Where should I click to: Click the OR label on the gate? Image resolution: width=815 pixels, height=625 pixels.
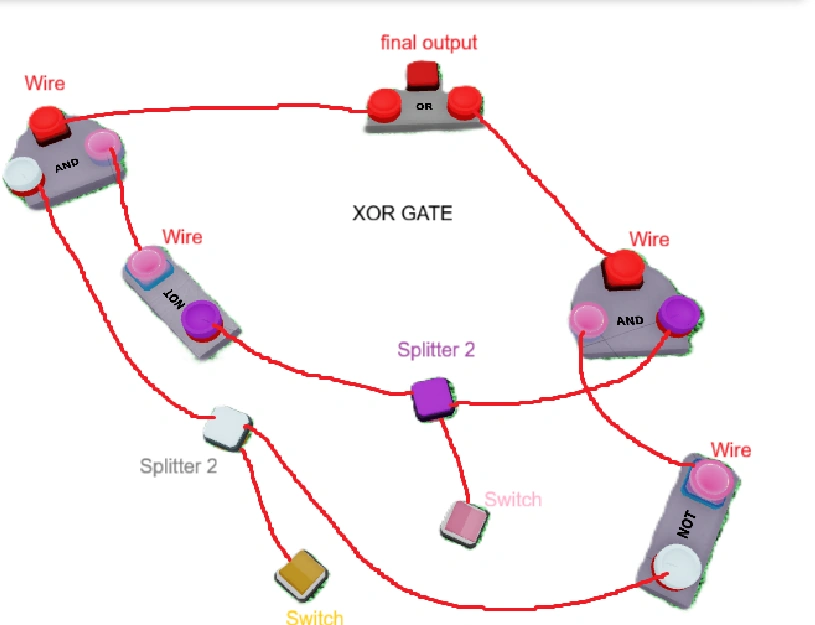tap(424, 107)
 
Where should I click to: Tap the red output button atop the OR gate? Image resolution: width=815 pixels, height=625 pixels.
tap(423, 75)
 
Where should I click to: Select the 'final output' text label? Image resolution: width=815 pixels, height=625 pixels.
tap(429, 43)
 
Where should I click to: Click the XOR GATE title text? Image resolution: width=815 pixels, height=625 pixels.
tap(402, 213)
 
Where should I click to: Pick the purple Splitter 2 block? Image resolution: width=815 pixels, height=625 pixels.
tap(433, 399)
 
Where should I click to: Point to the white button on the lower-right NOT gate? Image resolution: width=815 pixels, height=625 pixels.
tap(676, 567)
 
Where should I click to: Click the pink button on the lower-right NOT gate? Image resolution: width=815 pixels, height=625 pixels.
tap(710, 481)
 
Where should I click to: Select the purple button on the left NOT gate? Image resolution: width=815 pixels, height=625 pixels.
tap(202, 320)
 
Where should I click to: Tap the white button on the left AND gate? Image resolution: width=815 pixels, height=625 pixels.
tap(23, 174)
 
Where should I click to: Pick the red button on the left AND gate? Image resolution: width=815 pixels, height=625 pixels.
tap(48, 123)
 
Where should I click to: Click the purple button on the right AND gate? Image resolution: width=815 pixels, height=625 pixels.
tap(678, 314)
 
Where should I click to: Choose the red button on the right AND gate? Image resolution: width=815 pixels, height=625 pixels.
tap(623, 270)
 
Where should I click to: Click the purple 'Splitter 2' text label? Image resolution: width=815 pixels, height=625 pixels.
tap(436, 349)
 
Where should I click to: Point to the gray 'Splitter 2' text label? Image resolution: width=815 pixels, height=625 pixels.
tap(178, 466)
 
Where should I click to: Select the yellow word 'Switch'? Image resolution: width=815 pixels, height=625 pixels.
tap(314, 617)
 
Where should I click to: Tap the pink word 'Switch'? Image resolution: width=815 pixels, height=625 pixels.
tap(513, 499)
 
